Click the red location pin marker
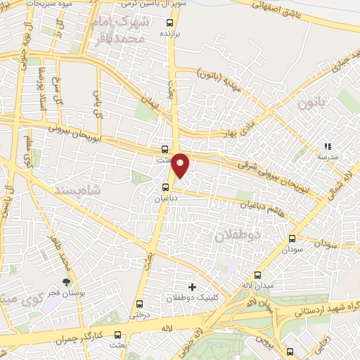pyautogui.click(x=181, y=165)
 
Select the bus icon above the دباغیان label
pyautogui.click(x=166, y=187)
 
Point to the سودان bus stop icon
pyautogui.click(x=292, y=238)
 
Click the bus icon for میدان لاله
pyautogui.click(x=258, y=275)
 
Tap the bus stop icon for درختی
pyautogui.click(x=139, y=304)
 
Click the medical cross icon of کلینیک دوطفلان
pyautogui.click(x=192, y=286)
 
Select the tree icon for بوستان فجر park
pyautogui.click(x=66, y=281)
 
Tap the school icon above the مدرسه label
pyautogui.click(x=327, y=146)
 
